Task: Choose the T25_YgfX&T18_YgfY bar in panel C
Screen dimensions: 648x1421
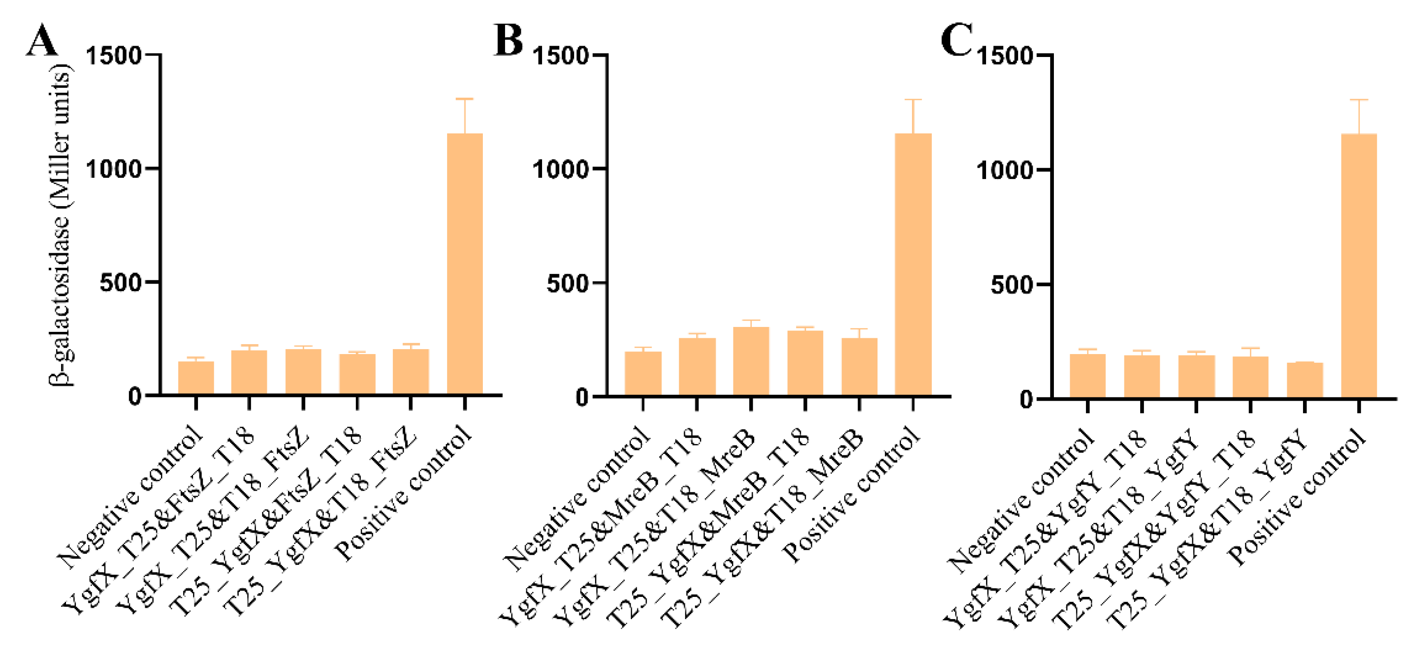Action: coord(1305,380)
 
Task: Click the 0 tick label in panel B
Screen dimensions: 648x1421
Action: coord(582,397)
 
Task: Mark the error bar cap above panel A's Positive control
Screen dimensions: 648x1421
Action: coord(464,99)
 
